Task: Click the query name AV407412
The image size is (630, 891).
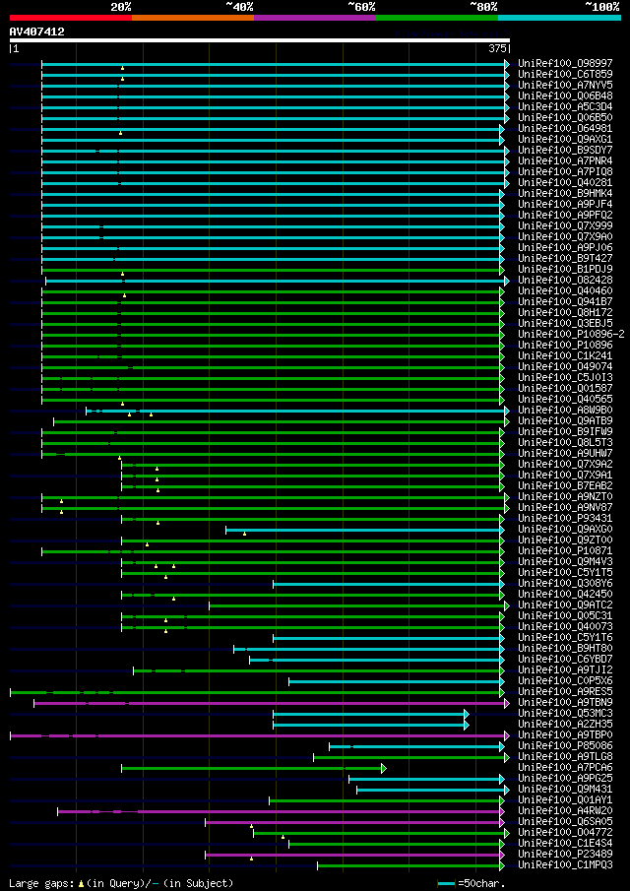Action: (37, 32)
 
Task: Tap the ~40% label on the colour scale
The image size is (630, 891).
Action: (239, 7)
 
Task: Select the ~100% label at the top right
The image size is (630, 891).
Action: (601, 7)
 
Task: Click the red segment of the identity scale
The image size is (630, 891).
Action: (70, 18)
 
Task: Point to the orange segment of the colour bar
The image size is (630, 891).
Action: (192, 18)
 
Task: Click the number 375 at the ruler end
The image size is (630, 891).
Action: (497, 48)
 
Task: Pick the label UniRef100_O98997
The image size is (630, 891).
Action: (565, 63)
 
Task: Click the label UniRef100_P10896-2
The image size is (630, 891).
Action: (571, 334)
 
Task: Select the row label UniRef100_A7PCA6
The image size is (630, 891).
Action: (565, 767)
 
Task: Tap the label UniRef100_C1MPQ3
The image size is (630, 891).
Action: (565, 864)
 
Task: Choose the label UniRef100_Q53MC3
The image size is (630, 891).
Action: (565, 713)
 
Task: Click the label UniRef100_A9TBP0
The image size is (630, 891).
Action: (565, 734)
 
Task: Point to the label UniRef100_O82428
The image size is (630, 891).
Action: (565, 280)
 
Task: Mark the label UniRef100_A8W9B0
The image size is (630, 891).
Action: (565, 410)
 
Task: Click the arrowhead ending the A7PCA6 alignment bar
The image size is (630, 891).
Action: (384, 768)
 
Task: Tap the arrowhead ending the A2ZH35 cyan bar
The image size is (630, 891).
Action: (467, 725)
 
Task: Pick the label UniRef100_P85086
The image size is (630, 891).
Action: (565, 745)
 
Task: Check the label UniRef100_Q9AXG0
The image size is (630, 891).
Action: (565, 529)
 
